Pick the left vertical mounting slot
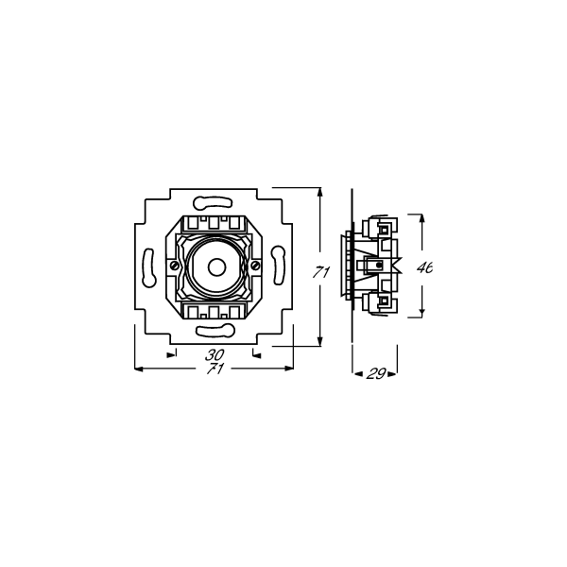[x=149, y=266]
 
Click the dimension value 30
[x=215, y=355]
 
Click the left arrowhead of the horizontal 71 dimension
[x=140, y=368]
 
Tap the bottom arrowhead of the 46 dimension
[x=422, y=315]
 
